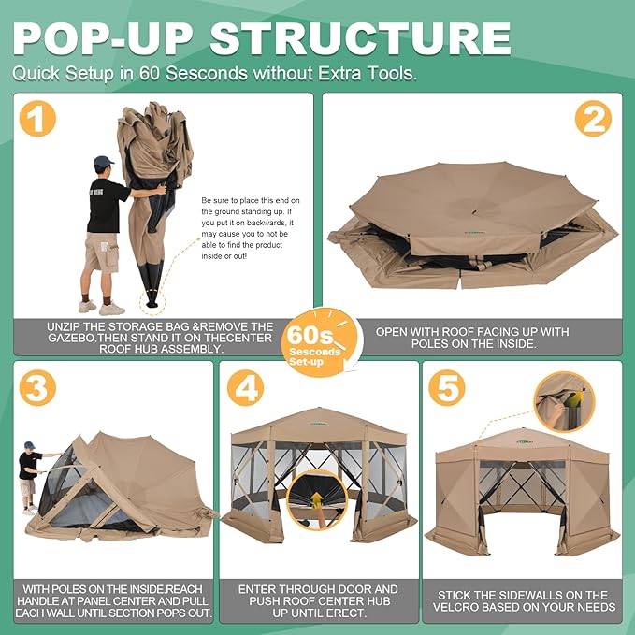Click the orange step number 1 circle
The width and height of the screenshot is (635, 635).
pyautogui.click(x=37, y=119)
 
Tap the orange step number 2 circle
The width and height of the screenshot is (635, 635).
pyautogui.click(x=593, y=119)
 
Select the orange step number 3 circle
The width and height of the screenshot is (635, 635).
pyautogui.click(x=37, y=387)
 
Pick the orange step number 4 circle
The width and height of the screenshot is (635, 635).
pyautogui.click(x=245, y=387)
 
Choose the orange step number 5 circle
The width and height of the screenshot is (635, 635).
pyautogui.click(x=447, y=387)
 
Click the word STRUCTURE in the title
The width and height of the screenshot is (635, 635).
pyautogui.click(x=360, y=38)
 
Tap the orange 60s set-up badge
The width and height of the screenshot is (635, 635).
pyautogui.click(x=321, y=342)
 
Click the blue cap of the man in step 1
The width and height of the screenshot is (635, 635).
pyautogui.click(x=103, y=162)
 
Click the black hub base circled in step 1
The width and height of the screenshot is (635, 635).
pyautogui.click(x=152, y=299)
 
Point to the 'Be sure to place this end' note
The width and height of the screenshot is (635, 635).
pyautogui.click(x=251, y=228)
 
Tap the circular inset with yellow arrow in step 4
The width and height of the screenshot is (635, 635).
pyautogui.click(x=317, y=500)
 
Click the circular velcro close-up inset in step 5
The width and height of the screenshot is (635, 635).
pyautogui.click(x=565, y=402)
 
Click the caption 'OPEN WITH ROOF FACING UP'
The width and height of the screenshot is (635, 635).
pyautogui.click(x=472, y=338)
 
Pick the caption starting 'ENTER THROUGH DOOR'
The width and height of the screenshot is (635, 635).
pyautogui.click(x=318, y=601)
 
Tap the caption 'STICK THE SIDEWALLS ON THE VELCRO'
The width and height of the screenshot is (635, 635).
pyautogui.click(x=523, y=601)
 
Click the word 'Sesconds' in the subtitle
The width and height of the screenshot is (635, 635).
pyautogui.click(x=207, y=73)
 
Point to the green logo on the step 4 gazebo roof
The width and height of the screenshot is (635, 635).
pyautogui.click(x=319, y=424)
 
